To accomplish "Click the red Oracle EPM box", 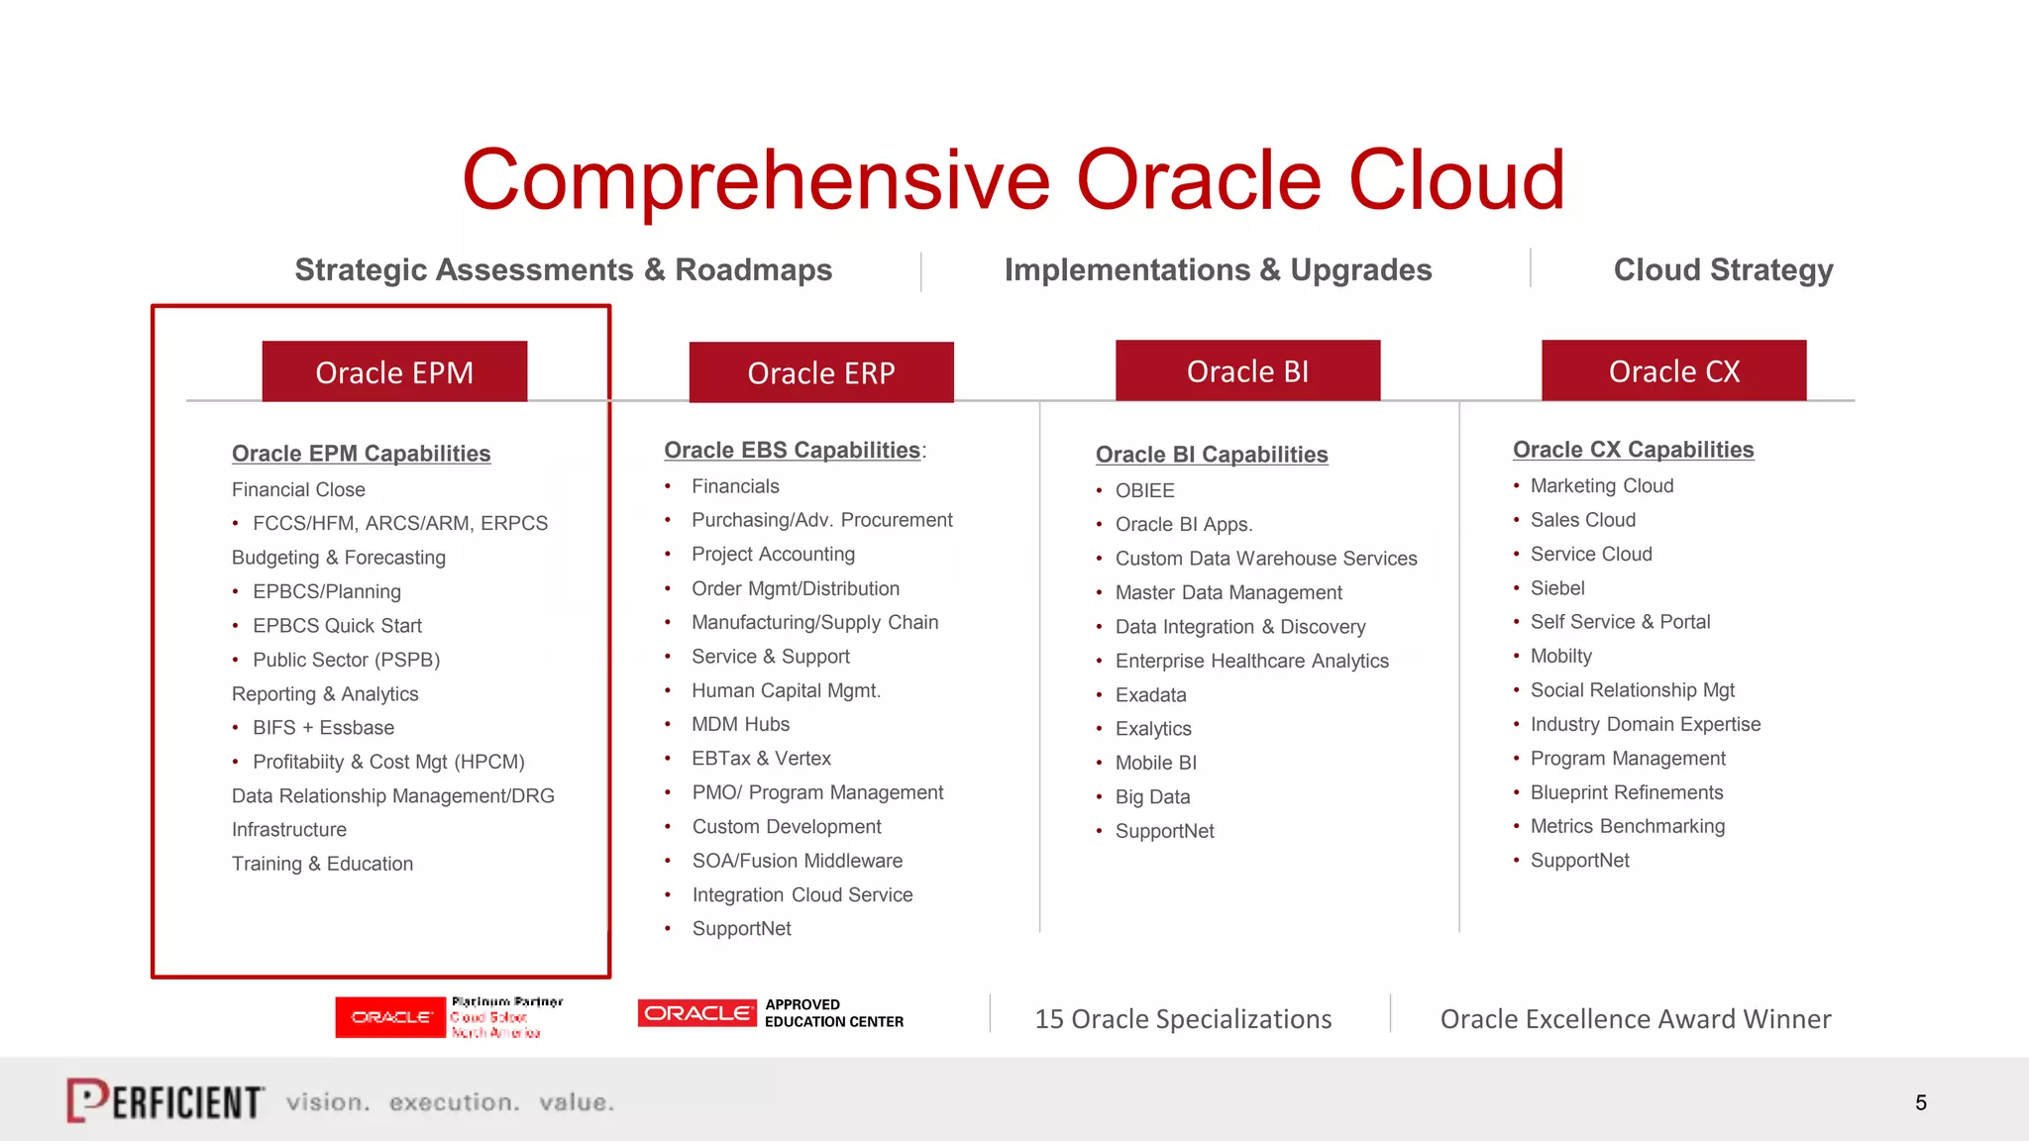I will [394, 372].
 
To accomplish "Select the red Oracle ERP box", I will [821, 373].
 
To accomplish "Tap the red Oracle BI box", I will [1247, 371].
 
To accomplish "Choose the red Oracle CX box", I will [1673, 371].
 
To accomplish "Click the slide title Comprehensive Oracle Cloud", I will [1013, 180].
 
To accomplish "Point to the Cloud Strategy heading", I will [1723, 269].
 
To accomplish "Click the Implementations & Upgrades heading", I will [1218, 269].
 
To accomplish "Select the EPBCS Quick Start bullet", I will [337, 626].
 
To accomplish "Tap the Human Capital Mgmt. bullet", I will [786, 690].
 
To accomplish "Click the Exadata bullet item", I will [1150, 695].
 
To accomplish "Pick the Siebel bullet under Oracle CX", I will [1557, 588].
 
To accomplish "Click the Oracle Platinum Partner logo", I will [449, 1017].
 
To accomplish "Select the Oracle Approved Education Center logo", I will [771, 1013].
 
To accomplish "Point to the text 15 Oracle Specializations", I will [1183, 1019].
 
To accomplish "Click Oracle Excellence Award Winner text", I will [1635, 1019].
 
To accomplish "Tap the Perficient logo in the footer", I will [165, 1100].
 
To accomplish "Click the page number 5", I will [1920, 1103].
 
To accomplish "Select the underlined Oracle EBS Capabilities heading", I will [792, 451].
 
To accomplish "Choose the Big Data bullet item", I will [1152, 797].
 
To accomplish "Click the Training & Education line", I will [322, 864].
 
